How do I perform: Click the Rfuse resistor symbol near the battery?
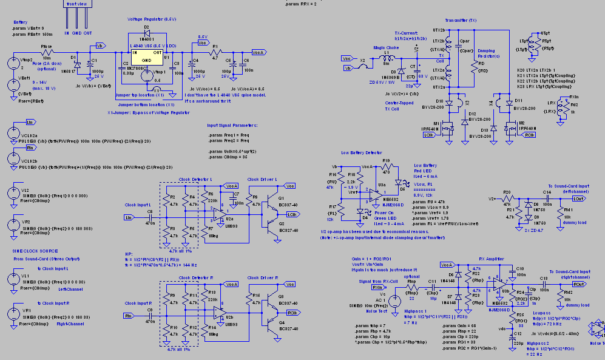[47, 52]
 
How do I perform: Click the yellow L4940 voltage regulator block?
[147, 56]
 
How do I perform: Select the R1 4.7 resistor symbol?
[214, 52]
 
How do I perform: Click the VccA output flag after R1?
[258, 52]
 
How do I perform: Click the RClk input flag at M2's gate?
[529, 135]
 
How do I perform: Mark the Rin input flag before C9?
[128, 315]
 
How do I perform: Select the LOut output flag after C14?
[578, 198]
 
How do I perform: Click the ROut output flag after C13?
[578, 284]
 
